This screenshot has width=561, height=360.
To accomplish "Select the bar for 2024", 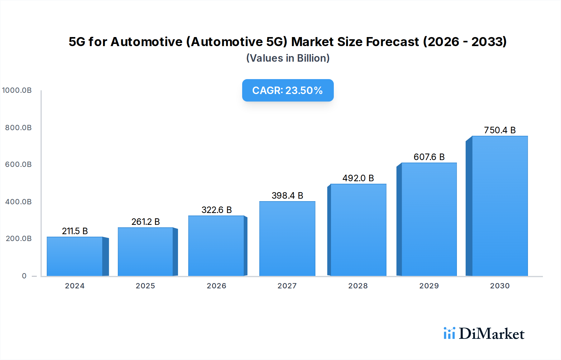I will coord(75,256).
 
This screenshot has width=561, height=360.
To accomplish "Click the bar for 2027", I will coord(287,239).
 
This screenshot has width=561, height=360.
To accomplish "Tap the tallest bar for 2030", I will coord(500,206).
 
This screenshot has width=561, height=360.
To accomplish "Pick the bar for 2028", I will coord(358,230).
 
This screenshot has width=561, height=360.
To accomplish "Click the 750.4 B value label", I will coord(500,130).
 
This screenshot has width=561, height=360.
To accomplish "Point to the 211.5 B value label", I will coord(75,231).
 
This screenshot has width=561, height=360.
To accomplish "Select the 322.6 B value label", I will coord(217,210).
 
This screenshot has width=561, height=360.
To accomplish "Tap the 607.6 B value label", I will coord(429,157).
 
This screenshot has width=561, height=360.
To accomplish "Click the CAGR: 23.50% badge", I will coord(288,90).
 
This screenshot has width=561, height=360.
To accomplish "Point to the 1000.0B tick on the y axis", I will coord(17,90).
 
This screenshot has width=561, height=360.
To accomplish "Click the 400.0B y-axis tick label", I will coord(18,202).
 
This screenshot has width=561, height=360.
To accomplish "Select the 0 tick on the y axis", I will coord(24,276).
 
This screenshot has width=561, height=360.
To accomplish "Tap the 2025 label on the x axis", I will coord(145,286).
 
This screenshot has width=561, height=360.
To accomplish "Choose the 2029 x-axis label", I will coord(429,286).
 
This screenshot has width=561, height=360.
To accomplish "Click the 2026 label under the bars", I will coord(216,286).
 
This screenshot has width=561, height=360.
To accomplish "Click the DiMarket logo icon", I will coord(449,333).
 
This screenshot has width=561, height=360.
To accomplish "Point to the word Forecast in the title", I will coord(392,42).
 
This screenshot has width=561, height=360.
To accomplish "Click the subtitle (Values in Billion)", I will coord(288,58).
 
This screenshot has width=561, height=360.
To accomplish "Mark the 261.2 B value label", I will coord(146,222).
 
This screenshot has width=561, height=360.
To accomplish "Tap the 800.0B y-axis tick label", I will coord(18,128).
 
